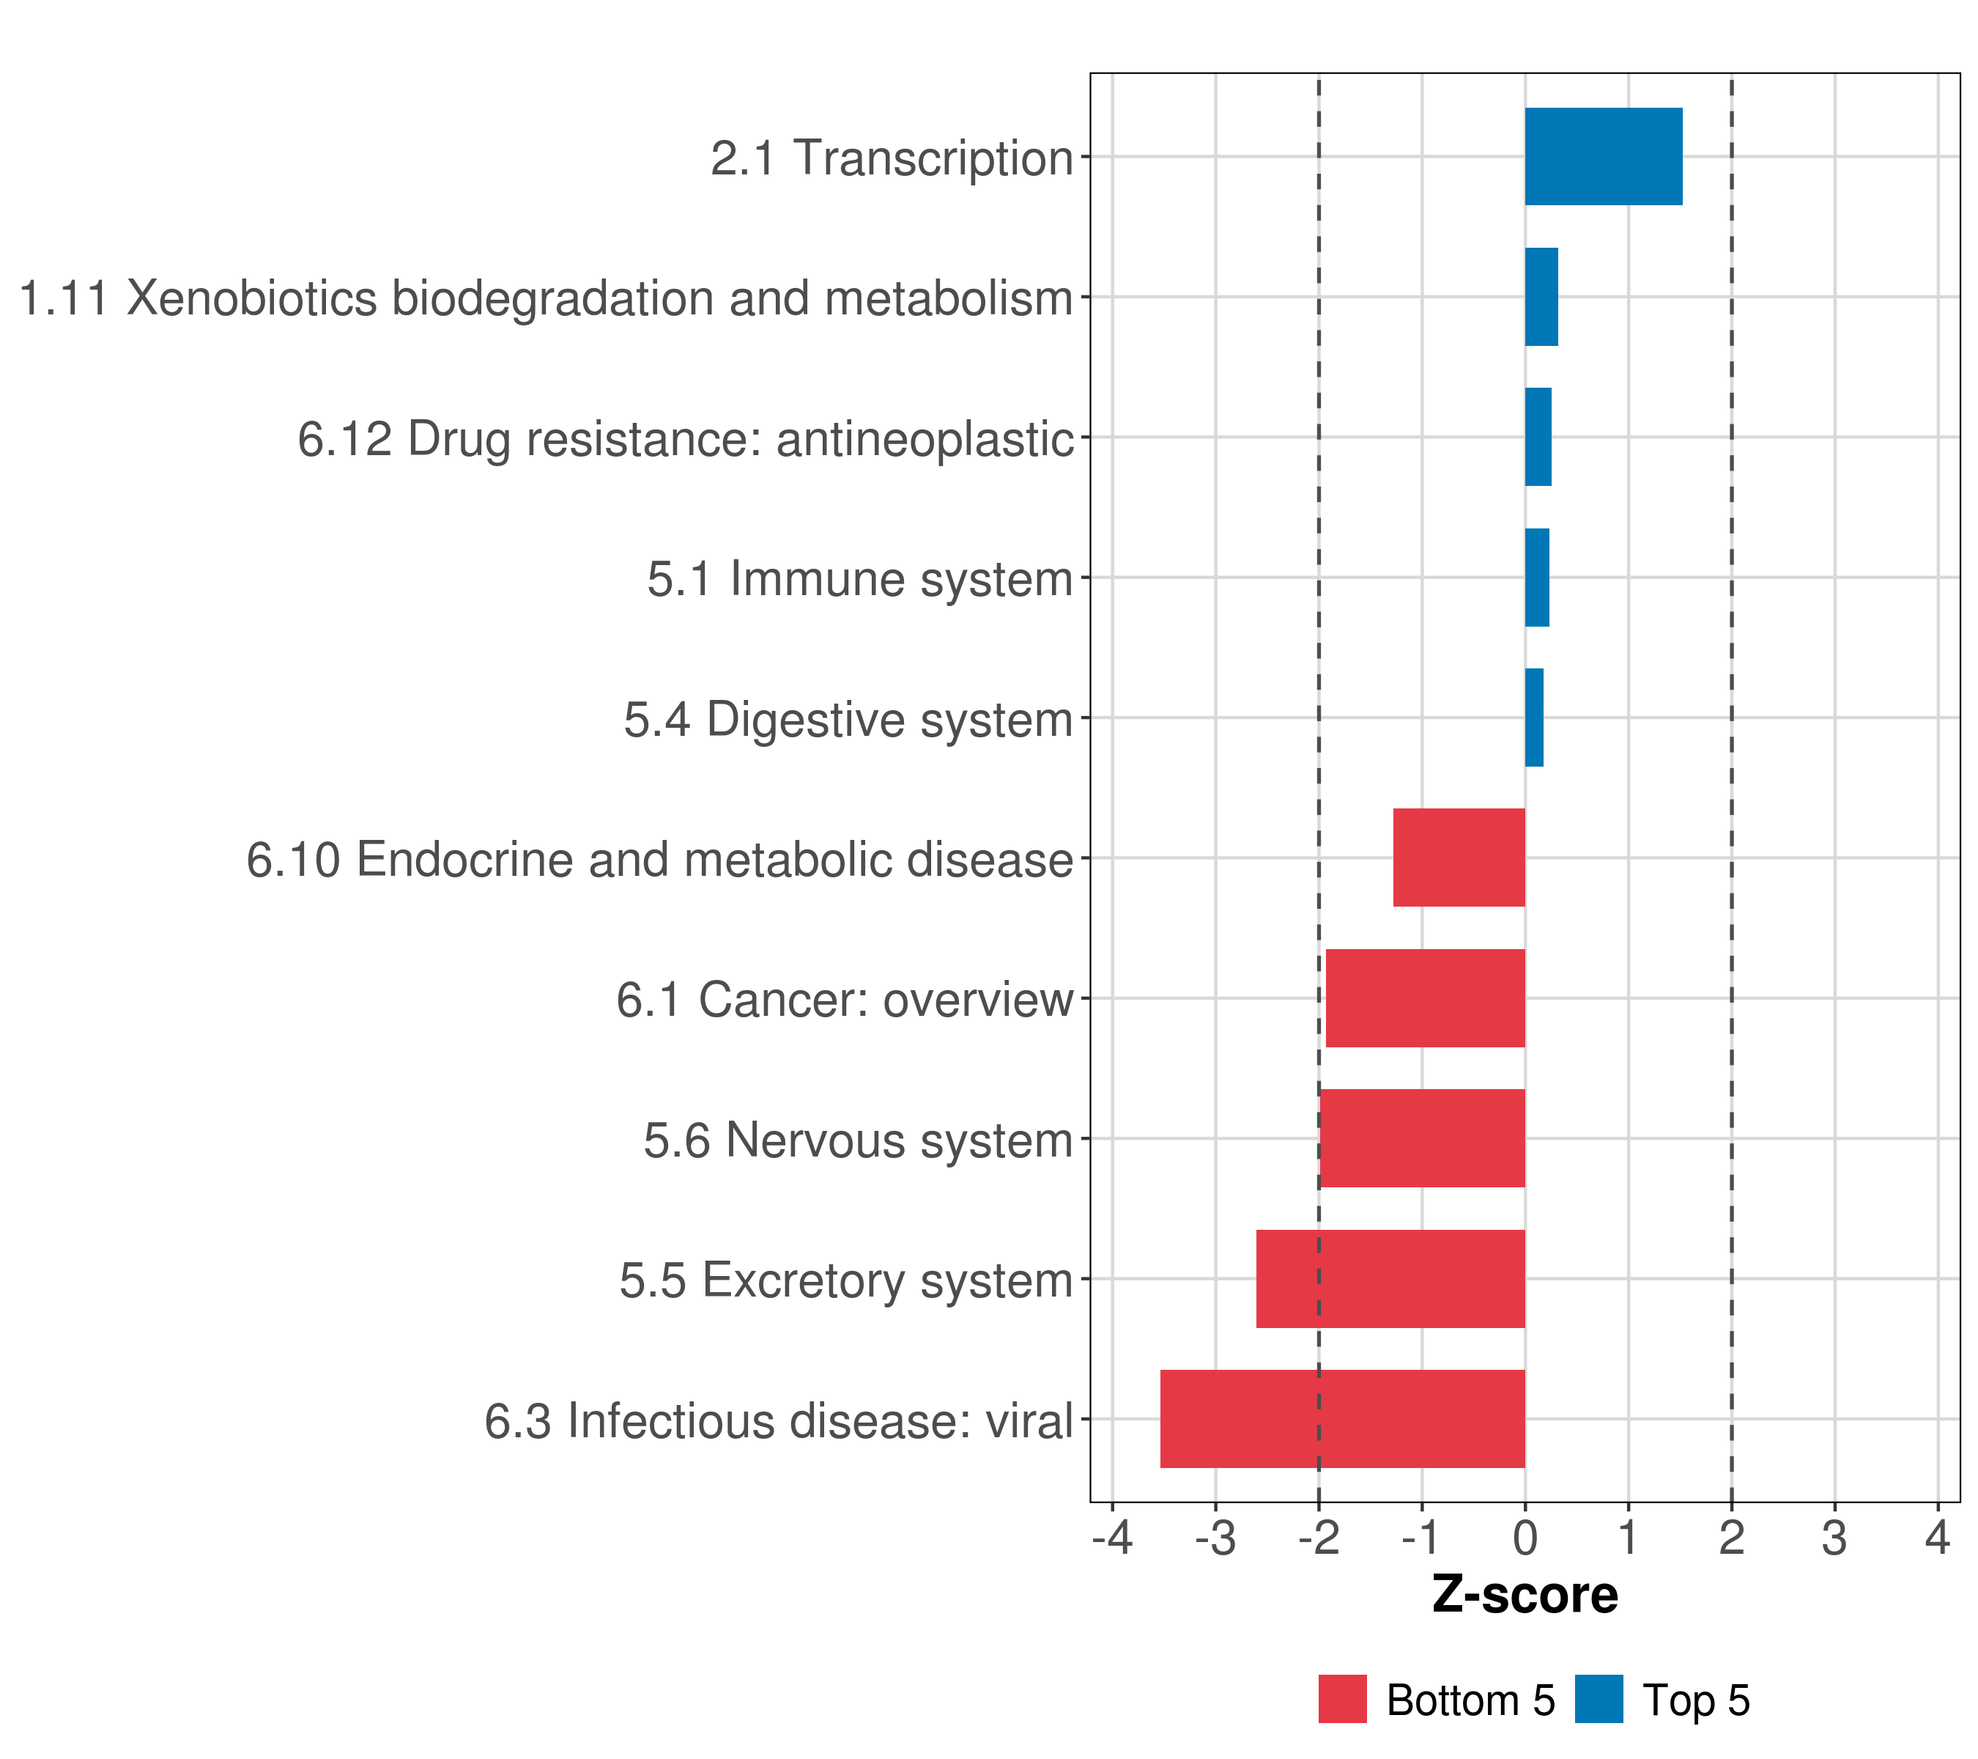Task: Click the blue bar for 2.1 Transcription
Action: pyautogui.click(x=1604, y=157)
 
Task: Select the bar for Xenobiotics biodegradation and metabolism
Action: pyautogui.click(x=1541, y=298)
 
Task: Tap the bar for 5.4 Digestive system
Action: pyautogui.click(x=1534, y=718)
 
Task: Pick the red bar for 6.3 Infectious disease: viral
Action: pyautogui.click(x=1342, y=1418)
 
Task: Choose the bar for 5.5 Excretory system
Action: pyautogui.click(x=1390, y=1278)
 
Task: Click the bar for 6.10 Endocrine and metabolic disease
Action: pyautogui.click(x=1459, y=858)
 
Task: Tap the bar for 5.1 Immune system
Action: pyautogui.click(x=1537, y=578)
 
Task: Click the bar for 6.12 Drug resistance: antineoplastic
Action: pyautogui.click(x=1538, y=438)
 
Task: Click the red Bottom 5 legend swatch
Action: pyautogui.click(x=1342, y=1699)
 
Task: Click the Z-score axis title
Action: pyautogui.click(x=1525, y=1596)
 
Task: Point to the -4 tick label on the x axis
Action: pyautogui.click(x=1112, y=1538)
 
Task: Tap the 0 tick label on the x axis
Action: pyautogui.click(x=1525, y=1538)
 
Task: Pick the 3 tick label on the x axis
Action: pyautogui.click(x=1834, y=1538)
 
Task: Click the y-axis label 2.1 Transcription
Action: pyautogui.click(x=892, y=158)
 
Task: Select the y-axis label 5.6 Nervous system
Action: pyautogui.click(x=859, y=1140)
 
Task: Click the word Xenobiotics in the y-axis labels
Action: pyautogui.click(x=251, y=298)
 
